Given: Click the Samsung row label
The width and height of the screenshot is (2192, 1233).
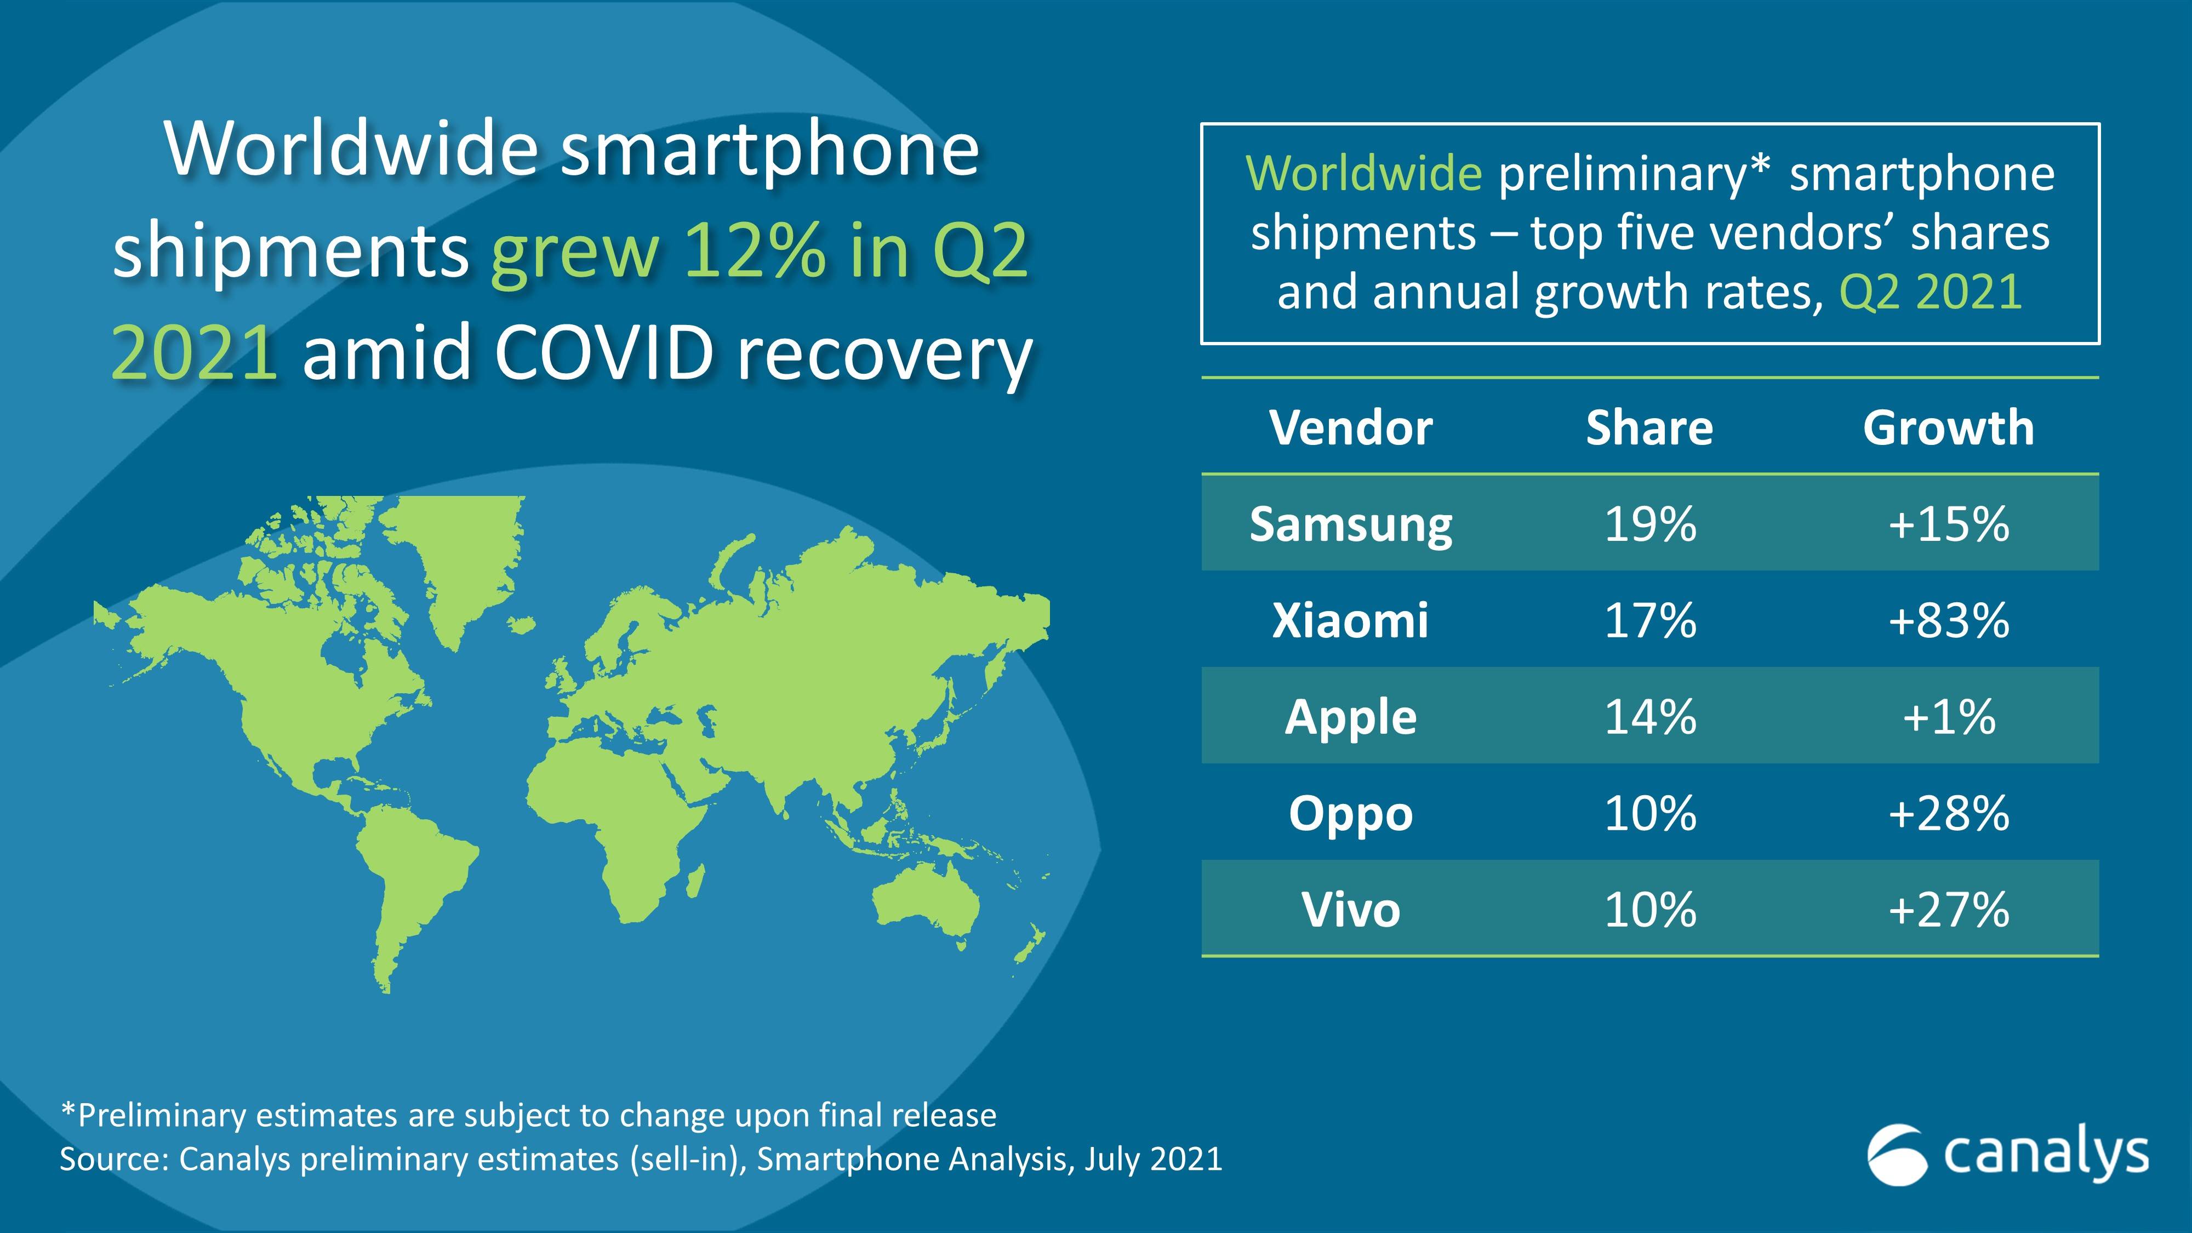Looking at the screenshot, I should pyautogui.click(x=1350, y=524).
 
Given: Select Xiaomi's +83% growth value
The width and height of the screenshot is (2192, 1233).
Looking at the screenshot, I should pyautogui.click(x=1949, y=620).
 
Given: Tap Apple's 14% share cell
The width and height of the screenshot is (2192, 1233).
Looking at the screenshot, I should pyautogui.click(x=1650, y=716).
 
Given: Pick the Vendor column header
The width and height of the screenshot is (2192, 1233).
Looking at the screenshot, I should pyautogui.click(x=1350, y=427).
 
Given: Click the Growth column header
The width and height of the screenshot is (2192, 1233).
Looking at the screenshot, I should pyautogui.click(x=1949, y=427).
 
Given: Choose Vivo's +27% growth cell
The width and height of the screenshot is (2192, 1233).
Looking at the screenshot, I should pyautogui.click(x=1949, y=910).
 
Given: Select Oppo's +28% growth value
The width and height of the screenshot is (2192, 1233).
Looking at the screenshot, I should pyautogui.click(x=1949, y=813).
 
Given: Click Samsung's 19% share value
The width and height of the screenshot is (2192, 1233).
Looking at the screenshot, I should pyautogui.click(x=1650, y=524).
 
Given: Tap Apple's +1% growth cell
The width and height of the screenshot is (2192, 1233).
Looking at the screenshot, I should pyautogui.click(x=1949, y=716).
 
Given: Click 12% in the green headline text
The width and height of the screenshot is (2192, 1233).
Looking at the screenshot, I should pyautogui.click(x=753, y=251).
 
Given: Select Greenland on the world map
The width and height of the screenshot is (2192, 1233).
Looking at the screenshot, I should pyautogui.click(x=460, y=553).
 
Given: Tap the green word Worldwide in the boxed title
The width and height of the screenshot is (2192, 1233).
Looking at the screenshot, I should pyautogui.click(x=1363, y=174).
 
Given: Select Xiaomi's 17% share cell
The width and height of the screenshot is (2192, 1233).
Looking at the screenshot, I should pyautogui.click(x=1650, y=620).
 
